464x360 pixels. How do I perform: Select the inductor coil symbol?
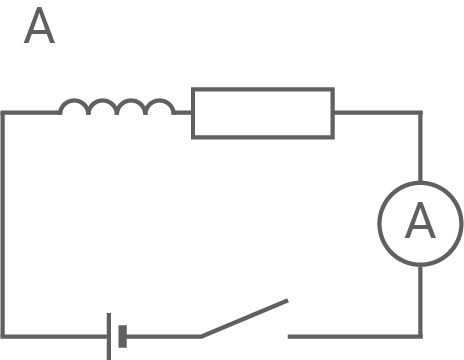(117, 106)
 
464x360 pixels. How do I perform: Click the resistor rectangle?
(263, 113)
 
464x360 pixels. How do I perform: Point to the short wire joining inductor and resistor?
(183, 113)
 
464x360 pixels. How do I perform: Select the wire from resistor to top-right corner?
(376, 113)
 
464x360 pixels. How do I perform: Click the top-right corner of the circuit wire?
(419, 113)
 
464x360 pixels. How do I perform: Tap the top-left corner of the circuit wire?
(4, 113)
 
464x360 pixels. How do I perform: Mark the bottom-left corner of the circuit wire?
(4, 336)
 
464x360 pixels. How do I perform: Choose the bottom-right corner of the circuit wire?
(419, 336)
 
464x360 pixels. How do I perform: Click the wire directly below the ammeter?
(419, 300)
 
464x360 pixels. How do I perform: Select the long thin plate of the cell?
(108, 336)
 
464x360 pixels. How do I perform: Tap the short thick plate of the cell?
(122, 336)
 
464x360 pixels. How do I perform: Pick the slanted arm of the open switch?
(245, 317)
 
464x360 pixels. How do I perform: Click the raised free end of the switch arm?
(287, 300)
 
